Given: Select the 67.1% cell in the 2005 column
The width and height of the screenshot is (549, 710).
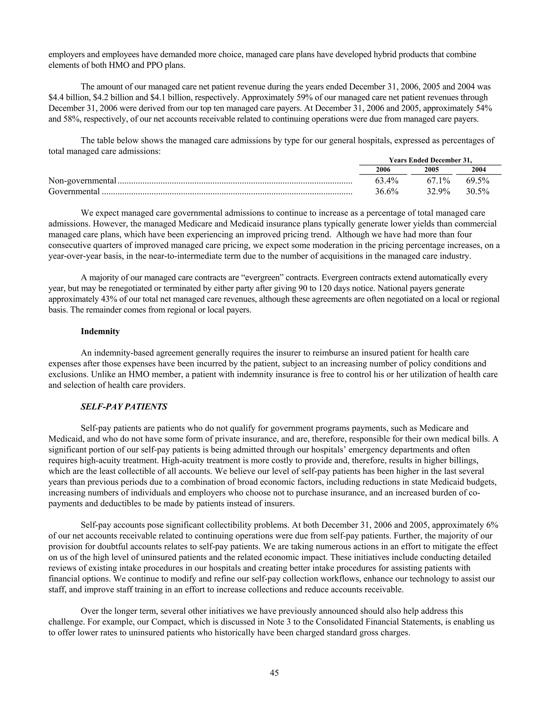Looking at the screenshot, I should coord(438,181).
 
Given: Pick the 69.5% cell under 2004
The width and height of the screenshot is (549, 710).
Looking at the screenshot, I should coord(477,181).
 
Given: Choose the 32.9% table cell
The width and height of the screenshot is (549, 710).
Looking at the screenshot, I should coord(438,192).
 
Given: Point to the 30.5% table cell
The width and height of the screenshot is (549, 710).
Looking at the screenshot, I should coord(477,192).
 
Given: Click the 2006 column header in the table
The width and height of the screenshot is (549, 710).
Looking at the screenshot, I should coord(383,169).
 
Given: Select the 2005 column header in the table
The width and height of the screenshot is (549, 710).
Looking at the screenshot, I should coord(431,169).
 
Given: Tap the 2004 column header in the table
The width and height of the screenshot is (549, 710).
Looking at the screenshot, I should coord(478,169).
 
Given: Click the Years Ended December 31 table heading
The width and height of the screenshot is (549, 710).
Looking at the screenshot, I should coord(430,160).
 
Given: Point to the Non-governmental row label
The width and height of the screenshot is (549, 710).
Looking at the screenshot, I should coord(82,181).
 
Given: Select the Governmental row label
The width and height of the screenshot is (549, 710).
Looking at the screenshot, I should coord(74,192).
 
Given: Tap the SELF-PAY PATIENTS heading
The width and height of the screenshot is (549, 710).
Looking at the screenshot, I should coord(124,407).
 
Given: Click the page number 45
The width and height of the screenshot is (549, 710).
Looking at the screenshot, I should coord(274,672).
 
